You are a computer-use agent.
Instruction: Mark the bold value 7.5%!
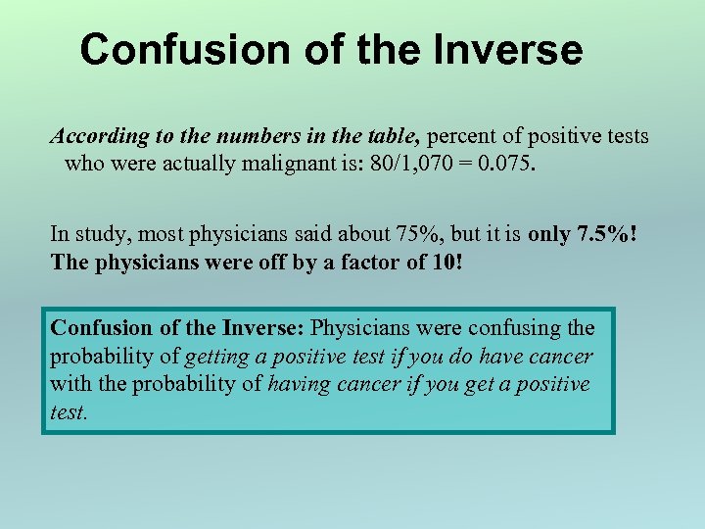click(x=612, y=235)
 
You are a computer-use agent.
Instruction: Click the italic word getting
click(x=216, y=356)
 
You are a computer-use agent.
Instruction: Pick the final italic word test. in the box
click(x=69, y=412)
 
